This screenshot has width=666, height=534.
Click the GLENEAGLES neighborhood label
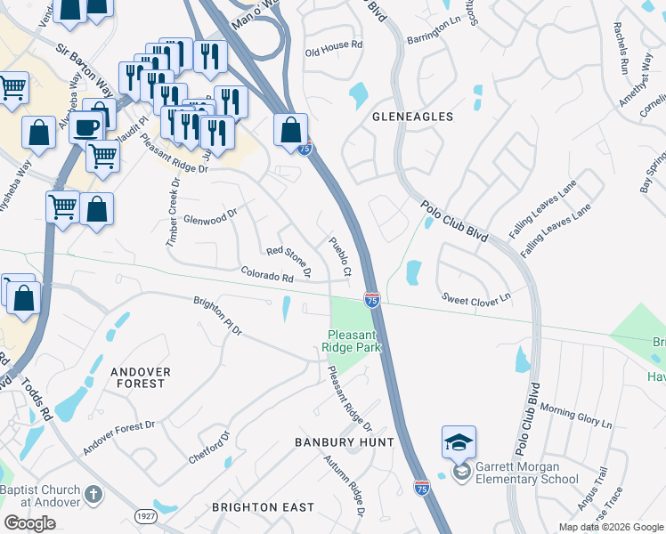[x=412, y=117]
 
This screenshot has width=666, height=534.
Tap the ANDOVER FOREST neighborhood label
[x=138, y=376]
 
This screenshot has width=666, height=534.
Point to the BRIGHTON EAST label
[x=263, y=507]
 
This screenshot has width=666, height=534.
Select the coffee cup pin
[x=86, y=126]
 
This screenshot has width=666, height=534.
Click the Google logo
[x=29, y=523]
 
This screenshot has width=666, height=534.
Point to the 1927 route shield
[x=146, y=515]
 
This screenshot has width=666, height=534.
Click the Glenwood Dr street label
[x=209, y=214]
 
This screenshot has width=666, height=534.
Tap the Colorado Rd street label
[x=265, y=275]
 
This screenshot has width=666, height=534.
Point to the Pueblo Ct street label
[x=340, y=256]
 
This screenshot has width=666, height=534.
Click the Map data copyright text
[x=611, y=527]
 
